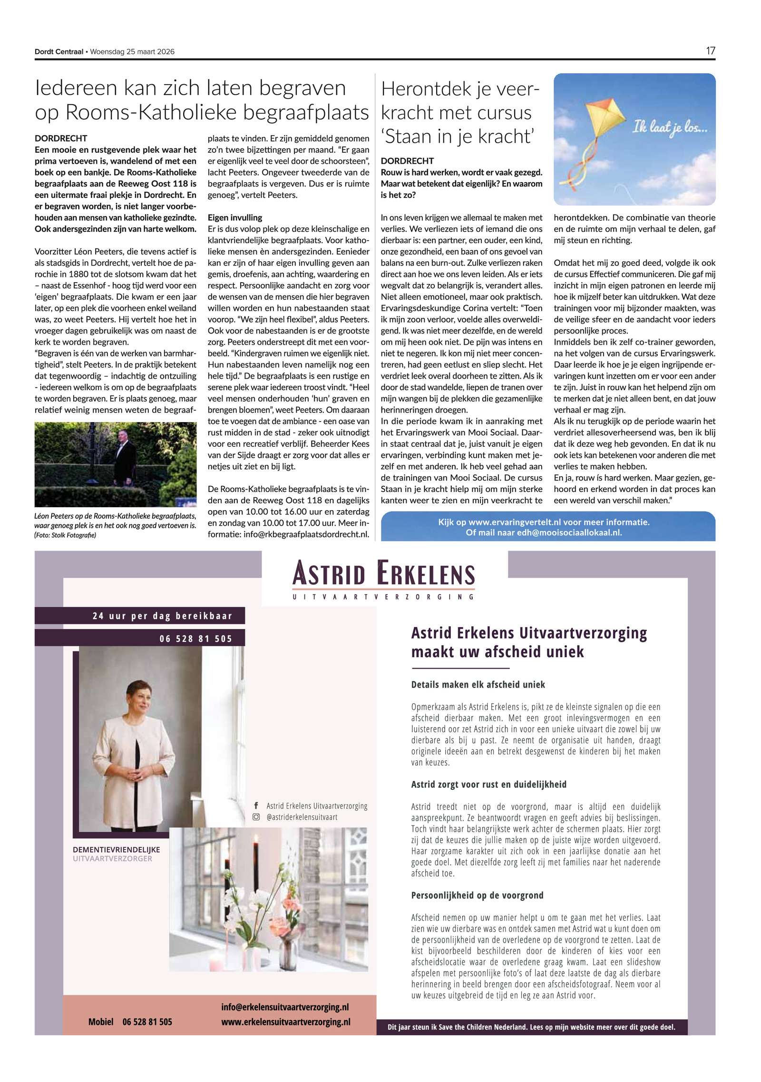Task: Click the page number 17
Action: [710, 51]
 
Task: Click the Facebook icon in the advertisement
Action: [256, 806]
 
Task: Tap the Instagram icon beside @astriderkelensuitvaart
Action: [256, 817]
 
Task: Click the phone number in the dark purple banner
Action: [195, 639]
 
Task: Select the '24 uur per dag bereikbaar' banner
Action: [162, 616]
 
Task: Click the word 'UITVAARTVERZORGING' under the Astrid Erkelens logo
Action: [383, 597]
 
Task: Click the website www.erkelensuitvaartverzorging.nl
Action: [285, 1022]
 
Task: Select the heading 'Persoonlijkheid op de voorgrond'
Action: [477, 895]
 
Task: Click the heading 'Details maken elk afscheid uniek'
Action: [478, 685]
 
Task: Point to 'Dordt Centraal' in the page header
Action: [59, 52]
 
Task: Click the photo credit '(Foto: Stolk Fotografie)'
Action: [65, 535]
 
